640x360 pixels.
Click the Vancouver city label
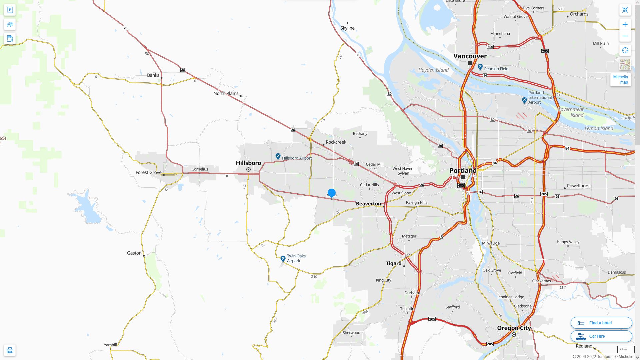[x=470, y=56]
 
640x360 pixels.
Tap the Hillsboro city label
[x=248, y=163]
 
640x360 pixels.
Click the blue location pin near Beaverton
[x=331, y=193]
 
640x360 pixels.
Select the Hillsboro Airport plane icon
[x=278, y=156]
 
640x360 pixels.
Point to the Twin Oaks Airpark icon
[x=283, y=259]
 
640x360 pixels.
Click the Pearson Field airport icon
[x=480, y=67]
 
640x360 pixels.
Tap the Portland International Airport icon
[x=524, y=100]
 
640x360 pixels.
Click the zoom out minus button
[x=625, y=36]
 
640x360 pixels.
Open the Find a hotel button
[x=601, y=323]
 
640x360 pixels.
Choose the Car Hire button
[x=601, y=336]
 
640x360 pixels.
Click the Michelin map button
[x=620, y=80]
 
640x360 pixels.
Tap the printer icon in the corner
[x=10, y=350]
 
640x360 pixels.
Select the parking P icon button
[x=10, y=10]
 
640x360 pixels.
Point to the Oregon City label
[x=514, y=328]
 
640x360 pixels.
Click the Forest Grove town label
[x=148, y=172]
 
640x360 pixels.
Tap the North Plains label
[x=226, y=93]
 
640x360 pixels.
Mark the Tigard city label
[x=394, y=263]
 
